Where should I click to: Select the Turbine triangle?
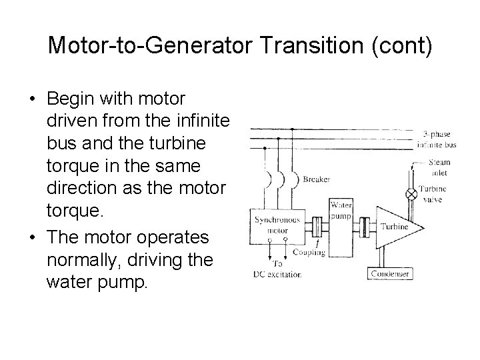397,227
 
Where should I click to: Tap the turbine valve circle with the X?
412,195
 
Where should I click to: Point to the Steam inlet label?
439,167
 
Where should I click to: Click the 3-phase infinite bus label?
436,139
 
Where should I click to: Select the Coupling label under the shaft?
309,253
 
